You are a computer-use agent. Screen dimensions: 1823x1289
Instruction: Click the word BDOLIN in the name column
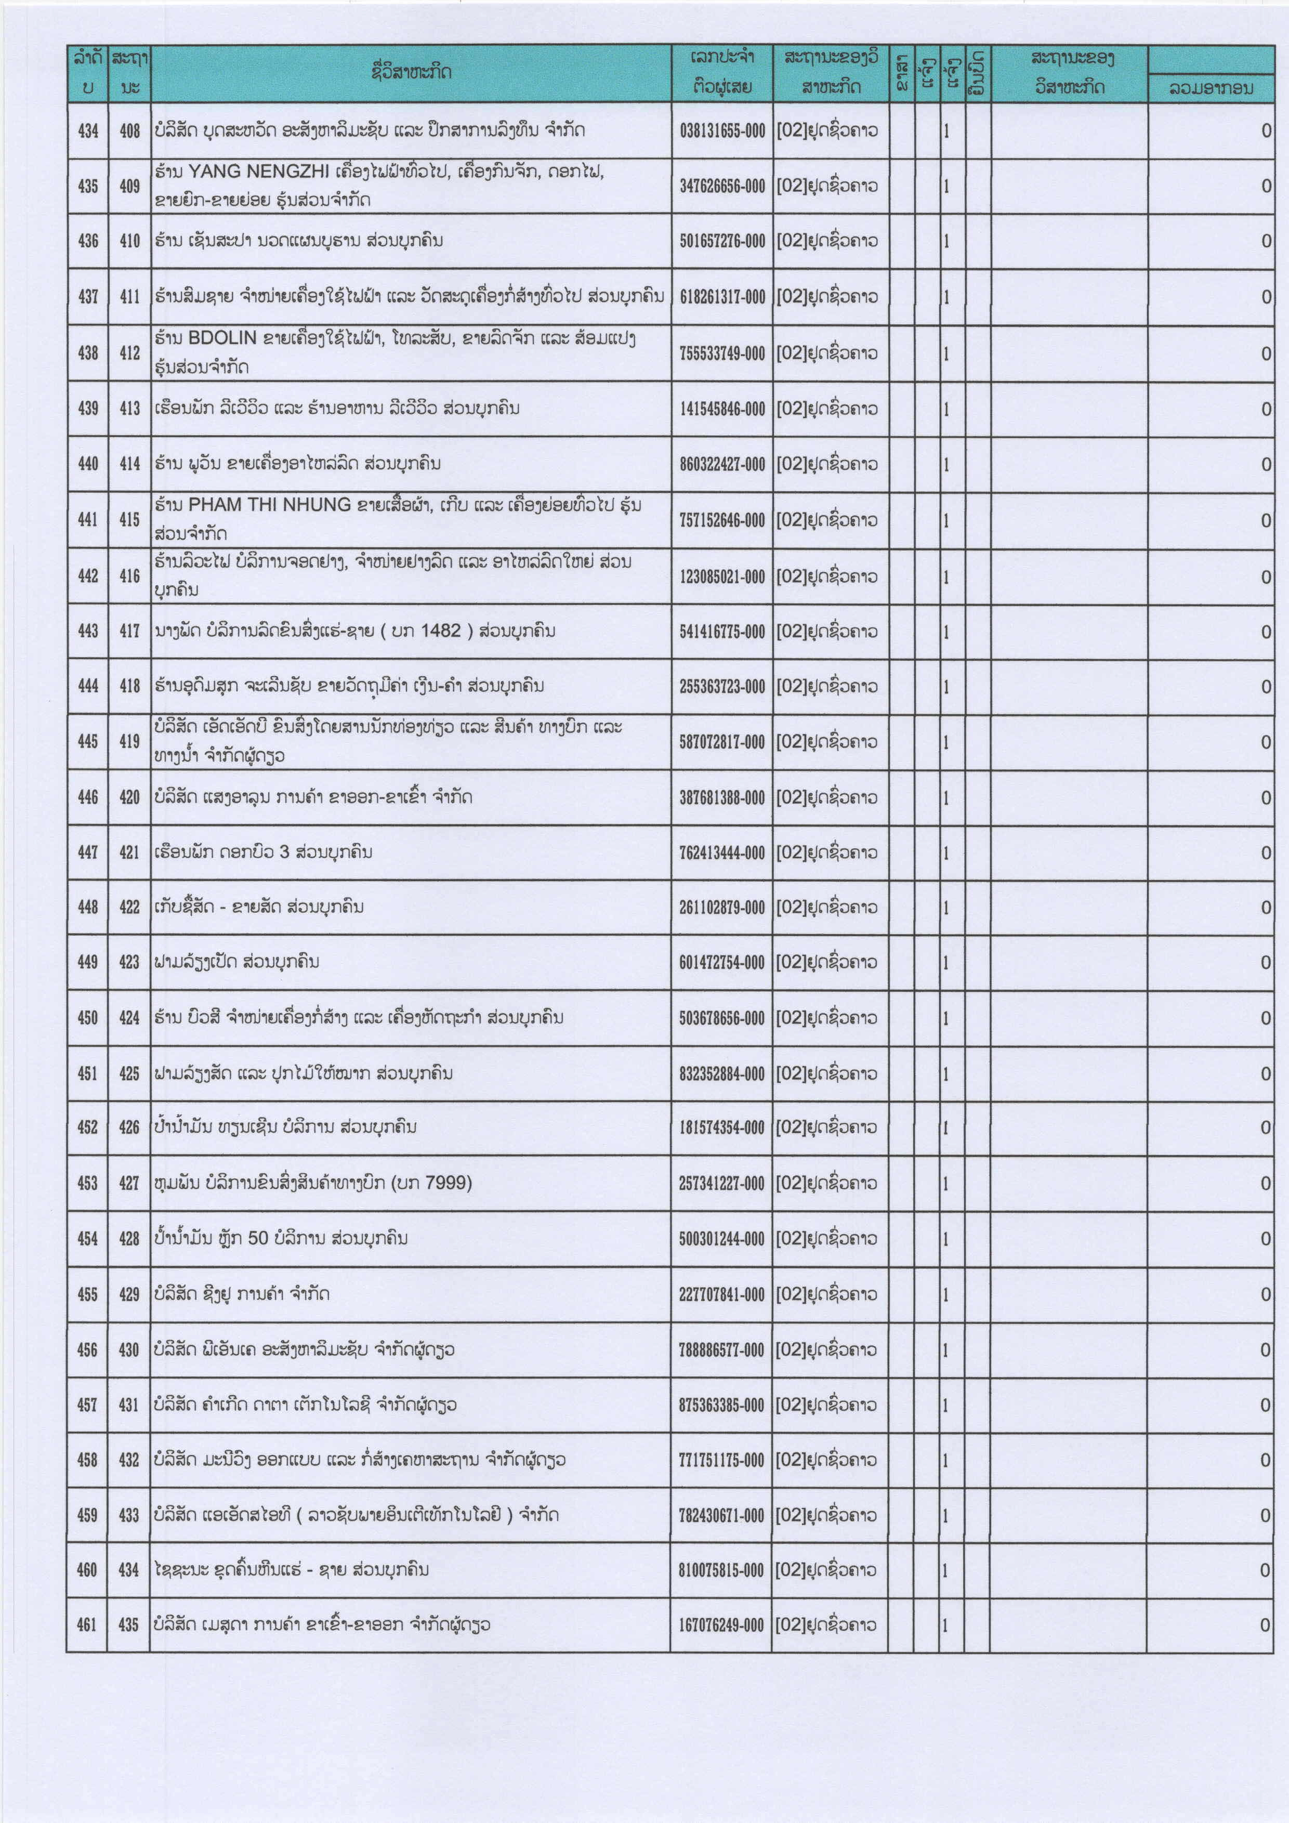coord(222,338)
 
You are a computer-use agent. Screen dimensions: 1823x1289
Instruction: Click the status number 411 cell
coord(129,297)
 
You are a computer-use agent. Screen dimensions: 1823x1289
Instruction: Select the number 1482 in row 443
coord(441,631)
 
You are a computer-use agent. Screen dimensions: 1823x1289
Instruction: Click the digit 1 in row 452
coord(946,1128)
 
